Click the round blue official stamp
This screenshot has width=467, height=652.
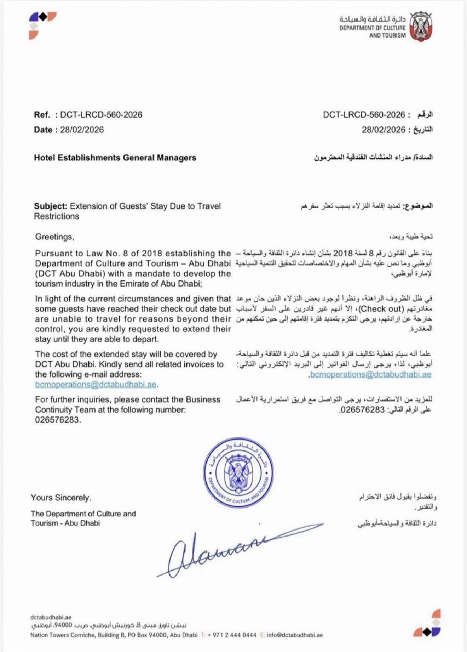238,472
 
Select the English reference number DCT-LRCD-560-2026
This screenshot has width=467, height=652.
101,115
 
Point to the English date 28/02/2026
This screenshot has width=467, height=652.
82,130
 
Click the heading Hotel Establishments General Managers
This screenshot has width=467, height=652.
115,158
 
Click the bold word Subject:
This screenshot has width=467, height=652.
50,206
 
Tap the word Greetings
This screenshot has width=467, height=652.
54,237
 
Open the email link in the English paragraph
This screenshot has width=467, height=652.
96,385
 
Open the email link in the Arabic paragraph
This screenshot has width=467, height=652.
370,375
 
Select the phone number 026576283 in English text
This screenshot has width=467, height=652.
57,420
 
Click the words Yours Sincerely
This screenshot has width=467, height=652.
61,498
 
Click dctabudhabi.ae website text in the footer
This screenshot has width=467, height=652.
51,617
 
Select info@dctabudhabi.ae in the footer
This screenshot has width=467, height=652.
294,635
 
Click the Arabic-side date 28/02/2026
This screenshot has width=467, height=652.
383,130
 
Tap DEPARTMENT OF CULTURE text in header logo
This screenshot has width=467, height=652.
372,28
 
